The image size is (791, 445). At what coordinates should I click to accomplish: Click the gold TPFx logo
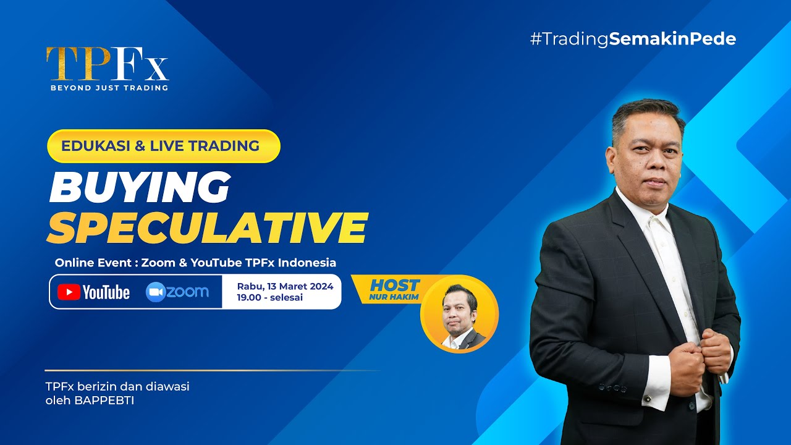tap(108, 64)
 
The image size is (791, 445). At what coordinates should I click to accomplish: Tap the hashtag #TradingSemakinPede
tap(633, 39)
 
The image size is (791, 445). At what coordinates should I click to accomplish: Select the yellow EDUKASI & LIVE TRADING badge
tap(164, 146)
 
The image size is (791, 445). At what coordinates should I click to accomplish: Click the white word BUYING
tap(140, 187)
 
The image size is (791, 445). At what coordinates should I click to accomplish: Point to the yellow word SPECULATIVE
tap(208, 227)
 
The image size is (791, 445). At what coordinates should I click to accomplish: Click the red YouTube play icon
tap(69, 292)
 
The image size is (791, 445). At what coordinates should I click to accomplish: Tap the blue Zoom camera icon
tap(156, 292)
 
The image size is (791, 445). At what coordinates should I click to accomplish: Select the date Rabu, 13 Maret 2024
tap(285, 286)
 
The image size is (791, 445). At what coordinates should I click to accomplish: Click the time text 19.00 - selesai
tap(270, 297)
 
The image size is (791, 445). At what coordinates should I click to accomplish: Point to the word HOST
tap(394, 285)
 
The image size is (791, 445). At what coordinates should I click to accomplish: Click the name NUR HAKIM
tap(394, 297)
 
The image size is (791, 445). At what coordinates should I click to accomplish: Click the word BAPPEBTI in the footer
tap(104, 401)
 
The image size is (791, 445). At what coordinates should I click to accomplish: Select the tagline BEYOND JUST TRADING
tap(109, 88)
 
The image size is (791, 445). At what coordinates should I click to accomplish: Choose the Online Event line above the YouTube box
tap(195, 263)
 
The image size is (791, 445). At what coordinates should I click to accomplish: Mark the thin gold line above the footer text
tap(213, 370)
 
